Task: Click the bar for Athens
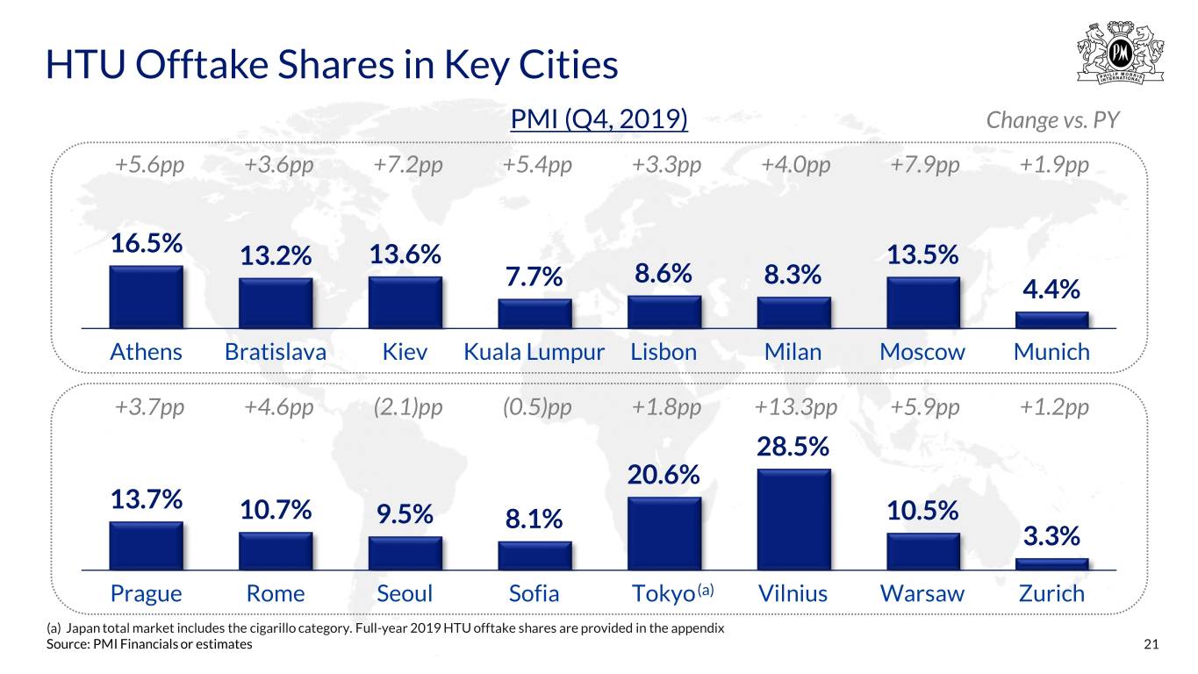coord(146,297)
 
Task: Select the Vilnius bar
coord(793,520)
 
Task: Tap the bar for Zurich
coord(1052,564)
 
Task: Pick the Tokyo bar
coord(664,534)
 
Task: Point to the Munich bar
coord(1052,319)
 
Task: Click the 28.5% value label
coord(793,447)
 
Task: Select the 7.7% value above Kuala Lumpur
coord(534,277)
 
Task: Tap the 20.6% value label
coord(664,475)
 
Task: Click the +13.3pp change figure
coord(796,407)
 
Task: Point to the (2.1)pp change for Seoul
coord(408,407)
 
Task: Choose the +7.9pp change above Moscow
coord(925,165)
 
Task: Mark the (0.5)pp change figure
coord(537,407)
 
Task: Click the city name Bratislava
coord(276,352)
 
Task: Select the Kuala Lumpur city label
coord(534,352)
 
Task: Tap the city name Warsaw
coord(922,594)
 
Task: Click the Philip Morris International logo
coord(1121,52)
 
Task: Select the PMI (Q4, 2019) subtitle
coord(599,119)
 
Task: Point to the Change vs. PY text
coord(1052,120)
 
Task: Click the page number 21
coord(1151,644)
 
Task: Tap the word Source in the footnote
coord(67,644)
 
